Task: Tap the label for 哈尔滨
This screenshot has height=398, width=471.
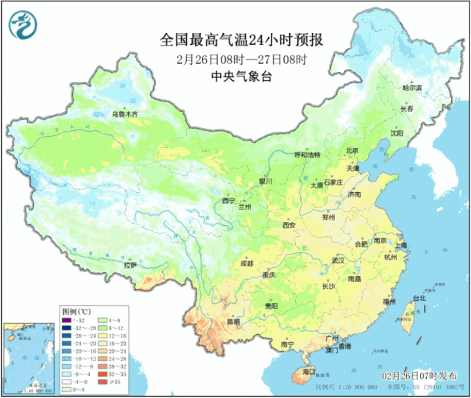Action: click(x=412, y=88)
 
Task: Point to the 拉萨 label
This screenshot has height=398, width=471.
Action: click(x=130, y=264)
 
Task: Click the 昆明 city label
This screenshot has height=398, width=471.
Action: click(x=233, y=322)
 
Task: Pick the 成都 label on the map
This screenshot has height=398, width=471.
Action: click(x=246, y=263)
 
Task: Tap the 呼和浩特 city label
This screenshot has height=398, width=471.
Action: click(x=308, y=155)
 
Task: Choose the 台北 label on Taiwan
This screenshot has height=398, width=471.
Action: click(x=419, y=298)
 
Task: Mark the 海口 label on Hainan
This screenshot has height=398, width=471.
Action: click(x=298, y=373)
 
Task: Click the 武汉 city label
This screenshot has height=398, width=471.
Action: click(x=338, y=260)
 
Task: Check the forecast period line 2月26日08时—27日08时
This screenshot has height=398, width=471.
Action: click(x=241, y=58)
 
